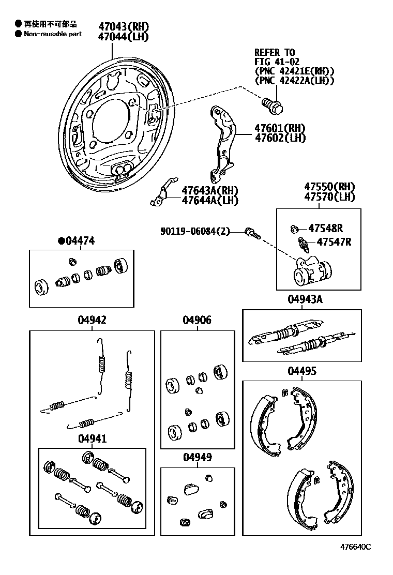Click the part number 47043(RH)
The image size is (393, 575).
pos(123,26)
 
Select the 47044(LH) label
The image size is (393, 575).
pos(123,36)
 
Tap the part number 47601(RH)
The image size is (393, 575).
pos(279,128)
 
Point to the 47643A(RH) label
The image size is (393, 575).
pos(209,190)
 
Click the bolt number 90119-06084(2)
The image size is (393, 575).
pos(194,232)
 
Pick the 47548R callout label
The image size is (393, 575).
pos(326,228)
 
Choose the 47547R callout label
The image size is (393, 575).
pos(334,241)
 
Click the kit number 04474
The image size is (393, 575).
pos(79,240)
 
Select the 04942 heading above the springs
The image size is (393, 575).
pos(92,320)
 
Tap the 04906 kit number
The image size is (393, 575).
pos(196,320)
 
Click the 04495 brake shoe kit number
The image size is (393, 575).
pos(302,371)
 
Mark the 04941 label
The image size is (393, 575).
pos(92,438)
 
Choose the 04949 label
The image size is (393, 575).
pos(196,458)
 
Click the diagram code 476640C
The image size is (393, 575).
pos(355,547)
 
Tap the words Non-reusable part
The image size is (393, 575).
pos(53,34)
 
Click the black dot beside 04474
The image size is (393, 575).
pos(61,240)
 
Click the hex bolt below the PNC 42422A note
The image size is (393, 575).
pos(272,105)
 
